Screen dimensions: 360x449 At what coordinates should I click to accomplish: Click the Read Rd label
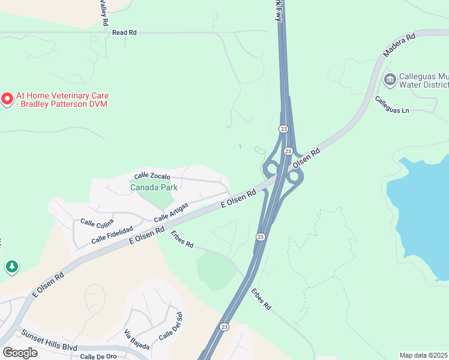click(x=124, y=32)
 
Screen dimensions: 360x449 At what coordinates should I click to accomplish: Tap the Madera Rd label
click(x=400, y=46)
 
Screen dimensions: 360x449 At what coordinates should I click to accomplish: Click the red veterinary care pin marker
click(x=7, y=98)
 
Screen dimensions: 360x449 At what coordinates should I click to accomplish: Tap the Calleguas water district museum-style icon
click(x=390, y=79)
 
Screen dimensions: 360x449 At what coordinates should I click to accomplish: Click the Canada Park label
click(x=154, y=187)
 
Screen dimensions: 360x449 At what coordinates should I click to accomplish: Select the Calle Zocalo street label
click(x=152, y=176)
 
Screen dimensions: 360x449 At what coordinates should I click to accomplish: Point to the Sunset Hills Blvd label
click(x=50, y=338)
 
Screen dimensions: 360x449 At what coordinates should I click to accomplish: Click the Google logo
click(x=20, y=353)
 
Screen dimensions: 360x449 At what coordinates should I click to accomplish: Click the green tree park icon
click(x=11, y=266)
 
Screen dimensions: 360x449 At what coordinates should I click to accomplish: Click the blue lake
click(x=420, y=210)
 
